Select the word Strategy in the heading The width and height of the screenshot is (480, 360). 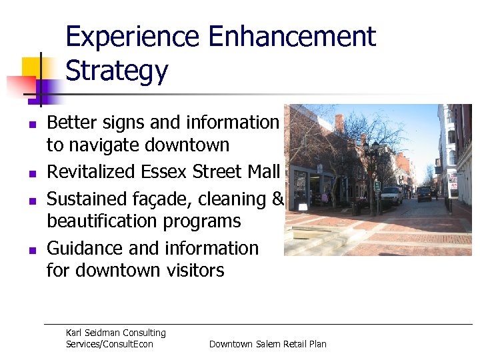117,70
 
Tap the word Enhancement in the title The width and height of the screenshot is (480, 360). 293,37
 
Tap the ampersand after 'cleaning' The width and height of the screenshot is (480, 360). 278,199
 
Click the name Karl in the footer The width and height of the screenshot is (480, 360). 75,333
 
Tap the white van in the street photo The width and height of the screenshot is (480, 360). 391,195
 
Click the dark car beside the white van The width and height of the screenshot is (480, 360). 424,194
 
